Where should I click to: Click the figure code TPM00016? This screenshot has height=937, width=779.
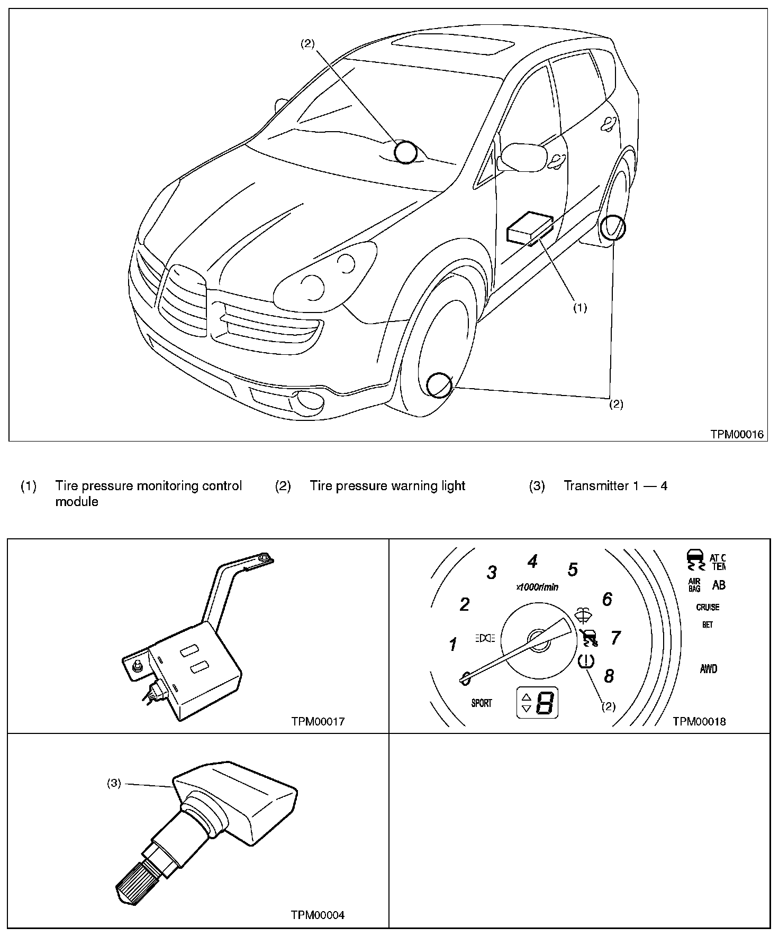coord(737,434)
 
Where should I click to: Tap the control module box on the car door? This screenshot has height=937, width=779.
coord(530,227)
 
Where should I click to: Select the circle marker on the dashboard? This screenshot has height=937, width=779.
coord(406,152)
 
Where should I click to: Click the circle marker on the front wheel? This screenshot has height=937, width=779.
coord(439,384)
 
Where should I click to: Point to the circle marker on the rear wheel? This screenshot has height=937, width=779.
coord(613,228)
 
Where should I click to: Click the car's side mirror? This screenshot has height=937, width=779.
coord(523,157)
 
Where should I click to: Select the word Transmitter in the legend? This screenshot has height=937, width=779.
coord(595,485)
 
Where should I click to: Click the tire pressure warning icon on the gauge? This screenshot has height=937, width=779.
coord(587,662)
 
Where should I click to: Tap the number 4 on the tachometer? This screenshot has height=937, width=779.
coord(532,561)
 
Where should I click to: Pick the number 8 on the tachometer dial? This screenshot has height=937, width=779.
coord(609,676)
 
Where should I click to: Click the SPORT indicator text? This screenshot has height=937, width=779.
coord(481,703)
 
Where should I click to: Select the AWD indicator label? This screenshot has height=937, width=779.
coord(709,669)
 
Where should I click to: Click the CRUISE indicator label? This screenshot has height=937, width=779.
coord(708,607)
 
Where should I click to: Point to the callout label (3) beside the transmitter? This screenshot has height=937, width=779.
coord(114,784)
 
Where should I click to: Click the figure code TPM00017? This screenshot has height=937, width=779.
coord(318,721)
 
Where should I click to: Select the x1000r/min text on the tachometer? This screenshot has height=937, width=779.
coord(537,587)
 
